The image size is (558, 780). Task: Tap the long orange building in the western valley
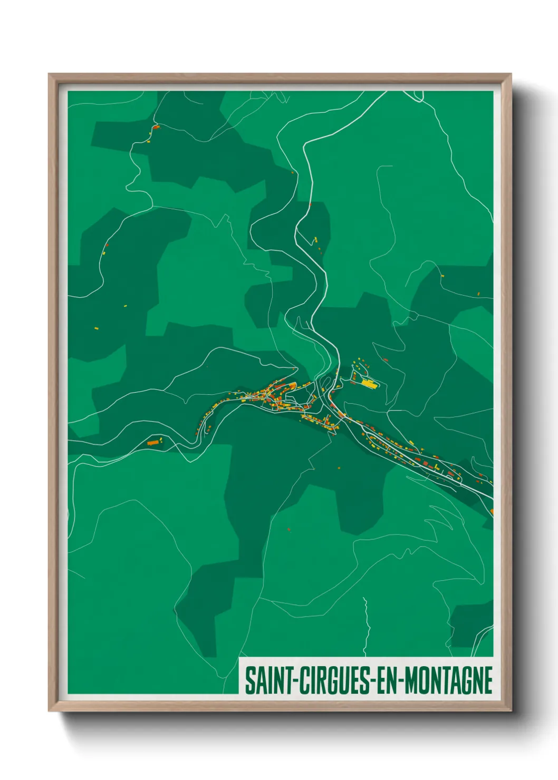(153, 443)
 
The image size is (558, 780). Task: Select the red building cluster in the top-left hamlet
(156, 127)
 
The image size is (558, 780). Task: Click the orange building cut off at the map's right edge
(492, 511)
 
